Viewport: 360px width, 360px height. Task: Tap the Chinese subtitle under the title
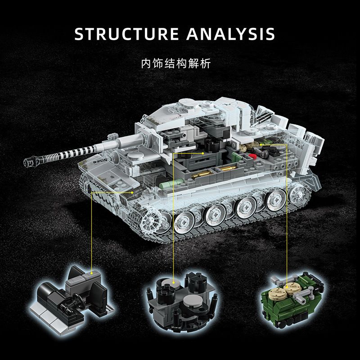[180, 63]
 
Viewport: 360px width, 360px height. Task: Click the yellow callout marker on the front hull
[92, 191]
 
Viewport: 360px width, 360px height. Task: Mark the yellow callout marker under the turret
[203, 153]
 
